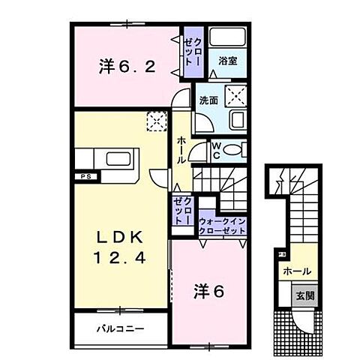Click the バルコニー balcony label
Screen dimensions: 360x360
tap(120, 328)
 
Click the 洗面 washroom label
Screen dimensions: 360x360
tap(208, 99)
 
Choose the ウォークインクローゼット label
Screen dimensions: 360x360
tap(222, 226)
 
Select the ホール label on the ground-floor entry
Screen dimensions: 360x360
tap(297, 271)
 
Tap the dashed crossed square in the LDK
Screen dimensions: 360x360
tap(155, 120)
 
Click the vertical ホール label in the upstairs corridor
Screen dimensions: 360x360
tap(182, 150)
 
